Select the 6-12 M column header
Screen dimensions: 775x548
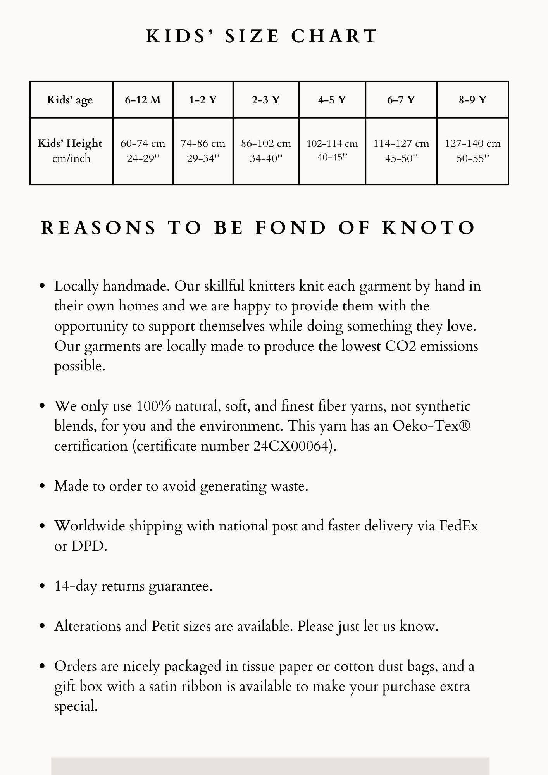click(x=143, y=100)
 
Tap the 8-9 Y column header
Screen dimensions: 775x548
click(x=472, y=100)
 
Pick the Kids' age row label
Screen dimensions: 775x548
click(x=70, y=100)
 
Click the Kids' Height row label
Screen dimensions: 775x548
click(x=70, y=143)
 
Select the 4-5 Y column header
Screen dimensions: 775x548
click(x=332, y=100)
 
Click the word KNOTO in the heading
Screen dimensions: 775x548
click(x=429, y=228)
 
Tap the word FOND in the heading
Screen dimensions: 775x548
click(x=291, y=228)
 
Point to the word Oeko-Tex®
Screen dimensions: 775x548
click(x=432, y=426)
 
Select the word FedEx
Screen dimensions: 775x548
click(x=458, y=526)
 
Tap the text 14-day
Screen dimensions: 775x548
click(x=75, y=586)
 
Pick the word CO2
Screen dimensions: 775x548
click(x=400, y=346)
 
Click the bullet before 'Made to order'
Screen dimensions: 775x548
click(x=43, y=486)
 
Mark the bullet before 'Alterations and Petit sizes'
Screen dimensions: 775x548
click(x=43, y=626)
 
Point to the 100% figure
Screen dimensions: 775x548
click(x=153, y=406)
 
